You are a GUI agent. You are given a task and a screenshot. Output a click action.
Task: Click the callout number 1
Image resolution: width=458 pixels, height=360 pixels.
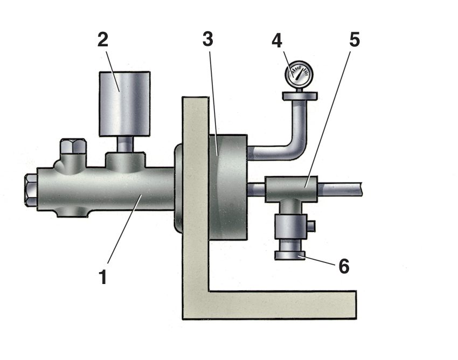[103, 277]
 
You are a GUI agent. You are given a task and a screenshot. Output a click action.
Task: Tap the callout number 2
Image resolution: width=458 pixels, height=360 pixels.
[103, 40]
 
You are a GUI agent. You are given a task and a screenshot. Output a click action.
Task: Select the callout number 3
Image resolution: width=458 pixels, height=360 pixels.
[207, 39]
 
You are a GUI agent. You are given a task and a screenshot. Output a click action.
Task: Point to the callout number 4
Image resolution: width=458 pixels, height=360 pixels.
[277, 40]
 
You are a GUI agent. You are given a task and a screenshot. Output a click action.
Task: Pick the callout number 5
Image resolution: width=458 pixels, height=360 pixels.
[355, 40]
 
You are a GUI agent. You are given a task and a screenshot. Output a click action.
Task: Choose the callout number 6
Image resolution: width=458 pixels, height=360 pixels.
[344, 266]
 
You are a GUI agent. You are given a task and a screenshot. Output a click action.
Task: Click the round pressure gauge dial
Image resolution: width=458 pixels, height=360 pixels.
[297, 74]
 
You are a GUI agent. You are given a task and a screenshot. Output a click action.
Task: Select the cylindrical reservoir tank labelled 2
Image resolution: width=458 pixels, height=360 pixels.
[124, 104]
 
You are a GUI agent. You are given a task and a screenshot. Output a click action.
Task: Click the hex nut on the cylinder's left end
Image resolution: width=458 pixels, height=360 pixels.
[31, 190]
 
